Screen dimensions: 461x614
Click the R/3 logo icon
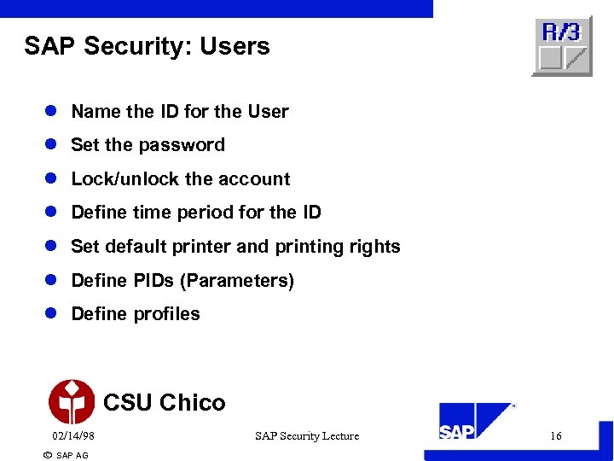[x=561, y=46]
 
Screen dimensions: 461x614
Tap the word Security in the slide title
[x=137, y=46]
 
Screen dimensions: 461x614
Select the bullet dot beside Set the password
[x=51, y=145]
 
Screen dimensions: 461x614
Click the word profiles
[x=165, y=314]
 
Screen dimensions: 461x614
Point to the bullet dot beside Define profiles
[x=51, y=314]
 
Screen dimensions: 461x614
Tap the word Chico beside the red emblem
[x=193, y=402]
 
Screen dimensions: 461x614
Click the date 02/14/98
[x=73, y=436]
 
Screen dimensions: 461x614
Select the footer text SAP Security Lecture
[x=307, y=436]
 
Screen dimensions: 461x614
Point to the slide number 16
[x=556, y=436]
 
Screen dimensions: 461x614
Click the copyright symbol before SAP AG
[x=47, y=455]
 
